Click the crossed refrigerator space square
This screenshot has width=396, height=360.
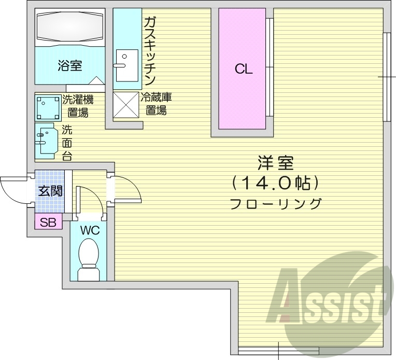pyautogui.click(x=124, y=104)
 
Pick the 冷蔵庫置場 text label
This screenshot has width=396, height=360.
pyautogui.click(x=156, y=103)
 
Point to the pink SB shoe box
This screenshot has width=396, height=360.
pyautogui.click(x=48, y=223)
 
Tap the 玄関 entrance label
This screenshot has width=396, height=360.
pyautogui.click(x=50, y=191)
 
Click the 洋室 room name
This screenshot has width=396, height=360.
pyautogui.click(x=275, y=163)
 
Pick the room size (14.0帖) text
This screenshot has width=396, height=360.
pyautogui.click(x=275, y=183)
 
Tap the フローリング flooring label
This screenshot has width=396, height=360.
pyautogui.click(x=275, y=203)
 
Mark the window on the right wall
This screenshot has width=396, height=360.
pyautogui.click(x=386, y=77)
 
